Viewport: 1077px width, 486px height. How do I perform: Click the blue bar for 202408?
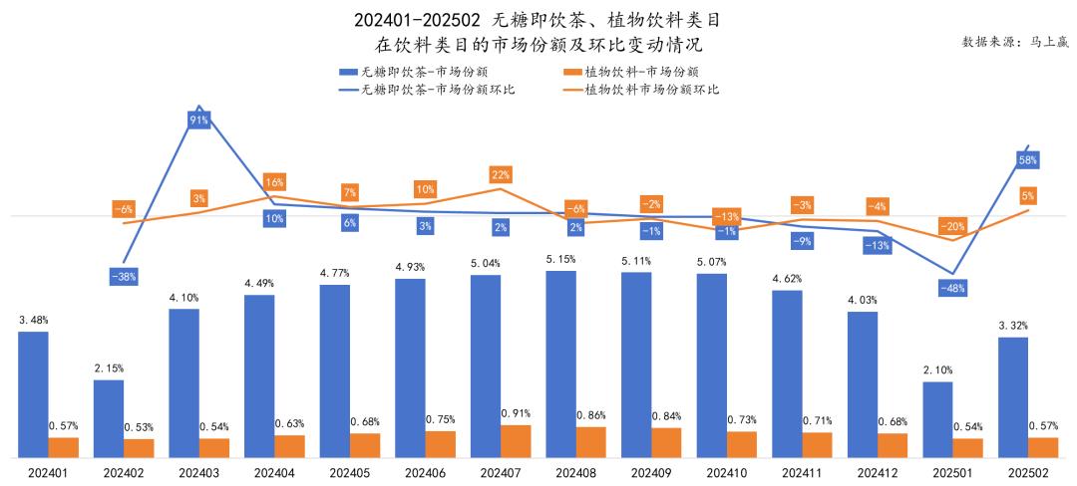(x=560, y=364)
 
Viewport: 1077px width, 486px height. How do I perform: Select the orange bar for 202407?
(x=516, y=441)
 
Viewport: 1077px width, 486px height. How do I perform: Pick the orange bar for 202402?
(x=139, y=448)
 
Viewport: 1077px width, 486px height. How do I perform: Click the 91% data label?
(x=198, y=121)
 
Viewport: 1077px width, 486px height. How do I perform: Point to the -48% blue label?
(x=952, y=288)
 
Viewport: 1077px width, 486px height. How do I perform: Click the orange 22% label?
(x=501, y=175)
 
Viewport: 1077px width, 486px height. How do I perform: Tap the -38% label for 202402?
(x=124, y=277)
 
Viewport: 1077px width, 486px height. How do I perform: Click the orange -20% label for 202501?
(x=952, y=227)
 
